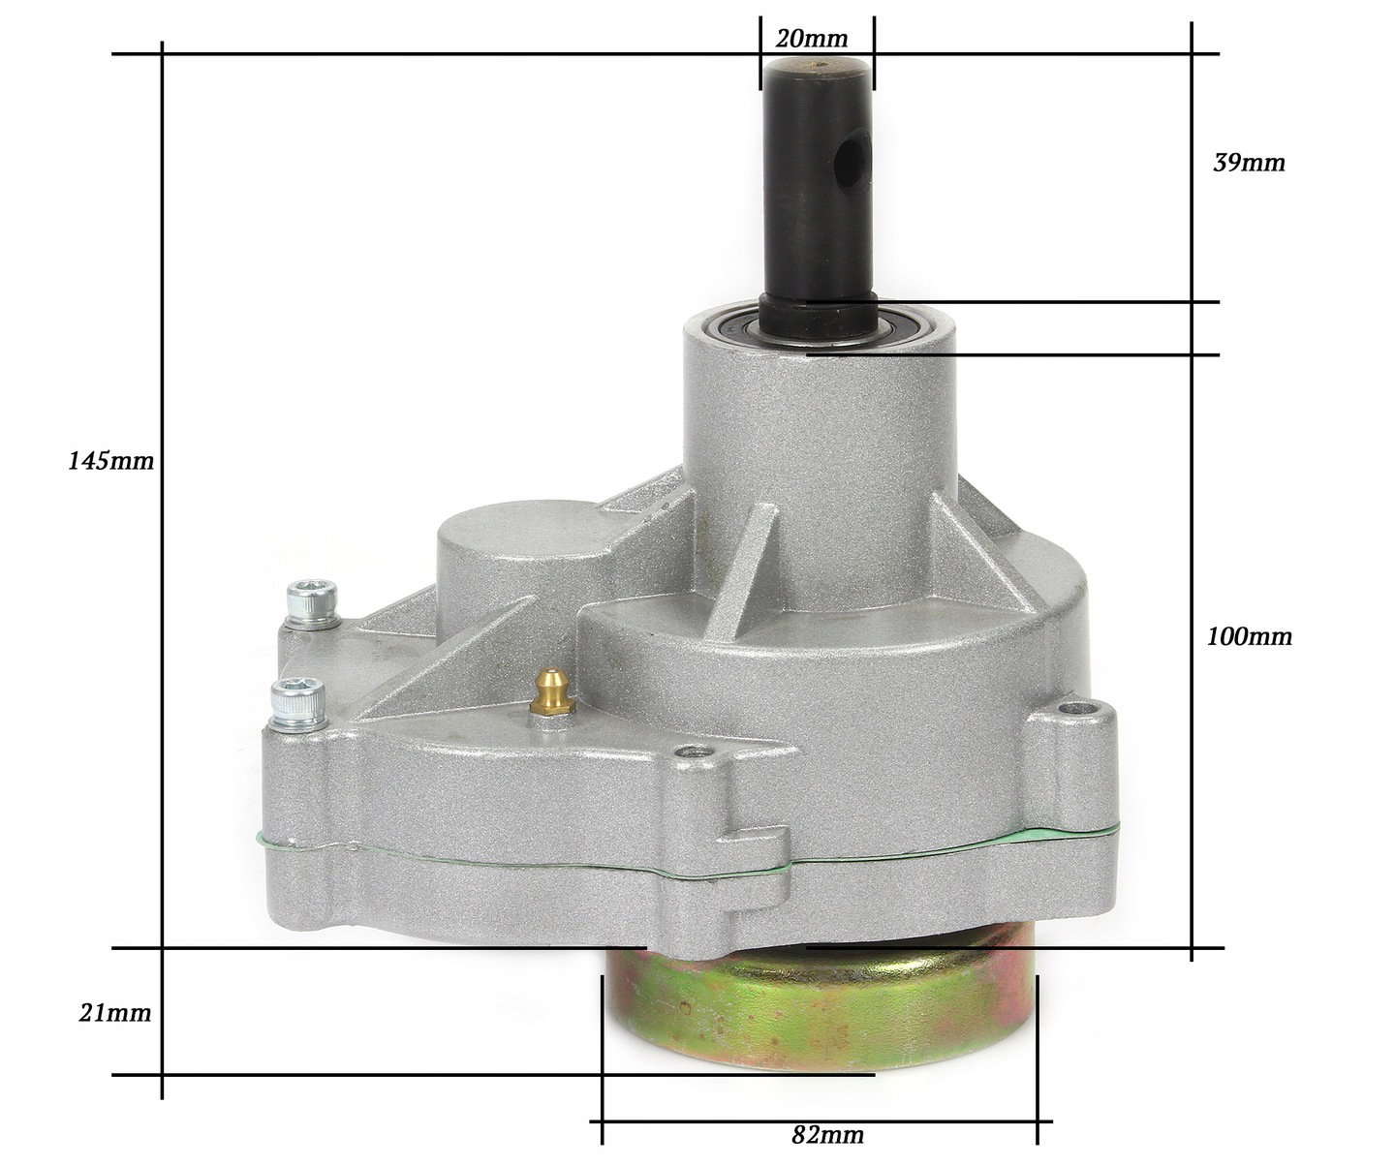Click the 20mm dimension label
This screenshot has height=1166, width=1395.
811,39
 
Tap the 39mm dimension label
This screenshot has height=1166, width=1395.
1249,163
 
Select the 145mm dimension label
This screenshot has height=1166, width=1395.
110,461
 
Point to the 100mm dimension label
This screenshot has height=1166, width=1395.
1250,636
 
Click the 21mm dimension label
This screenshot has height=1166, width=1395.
115,1013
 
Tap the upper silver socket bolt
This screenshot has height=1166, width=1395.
311,603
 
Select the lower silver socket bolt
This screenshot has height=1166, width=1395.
298,705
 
